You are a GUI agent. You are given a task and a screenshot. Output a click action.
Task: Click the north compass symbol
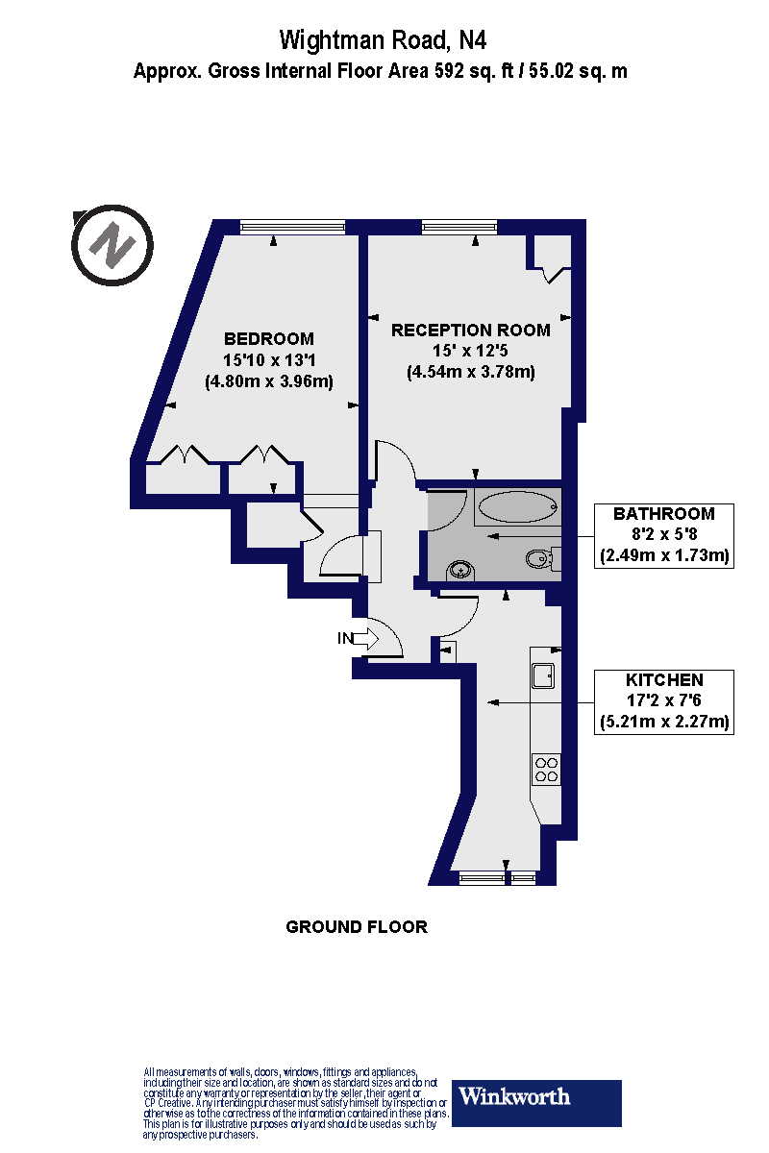click(112, 245)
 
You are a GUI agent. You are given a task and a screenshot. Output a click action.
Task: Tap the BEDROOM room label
click(268, 338)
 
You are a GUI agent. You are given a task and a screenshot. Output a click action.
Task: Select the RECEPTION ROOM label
click(470, 331)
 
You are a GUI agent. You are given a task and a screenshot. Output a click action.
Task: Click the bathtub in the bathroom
click(515, 505)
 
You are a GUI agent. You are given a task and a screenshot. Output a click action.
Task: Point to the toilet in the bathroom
click(541, 558)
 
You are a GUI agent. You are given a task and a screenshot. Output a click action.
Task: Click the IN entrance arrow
click(370, 637)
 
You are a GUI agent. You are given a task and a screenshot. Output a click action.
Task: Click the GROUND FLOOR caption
click(357, 927)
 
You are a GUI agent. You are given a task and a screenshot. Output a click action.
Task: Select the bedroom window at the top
click(291, 227)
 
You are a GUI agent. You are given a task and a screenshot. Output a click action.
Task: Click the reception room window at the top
click(459, 227)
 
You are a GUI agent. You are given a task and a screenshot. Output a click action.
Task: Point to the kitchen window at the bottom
click(497, 876)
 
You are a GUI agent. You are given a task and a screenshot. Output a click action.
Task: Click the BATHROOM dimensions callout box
click(664, 534)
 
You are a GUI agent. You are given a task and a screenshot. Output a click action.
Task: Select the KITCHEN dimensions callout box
click(664, 700)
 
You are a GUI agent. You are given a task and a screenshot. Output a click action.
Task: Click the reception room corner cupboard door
click(555, 275)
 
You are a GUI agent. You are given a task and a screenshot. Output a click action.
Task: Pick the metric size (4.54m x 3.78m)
click(470, 372)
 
